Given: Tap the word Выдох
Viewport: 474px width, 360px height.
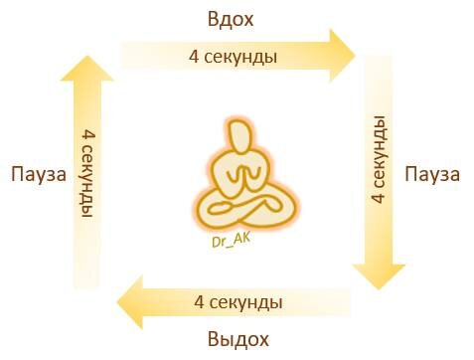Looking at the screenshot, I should pyautogui.click(x=238, y=340).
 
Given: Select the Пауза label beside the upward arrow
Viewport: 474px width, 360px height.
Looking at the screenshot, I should pyautogui.click(x=38, y=175).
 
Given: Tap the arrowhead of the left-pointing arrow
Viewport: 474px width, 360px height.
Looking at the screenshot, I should pyautogui.click(x=129, y=299).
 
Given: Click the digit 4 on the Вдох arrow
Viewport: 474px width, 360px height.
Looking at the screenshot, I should pyautogui.click(x=193, y=57).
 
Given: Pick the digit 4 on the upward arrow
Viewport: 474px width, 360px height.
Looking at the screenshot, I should pyautogui.click(x=88, y=133).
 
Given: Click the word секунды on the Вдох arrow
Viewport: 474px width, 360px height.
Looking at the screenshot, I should pyautogui.click(x=238, y=57).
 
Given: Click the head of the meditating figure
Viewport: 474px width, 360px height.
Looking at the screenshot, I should pyautogui.click(x=238, y=137).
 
